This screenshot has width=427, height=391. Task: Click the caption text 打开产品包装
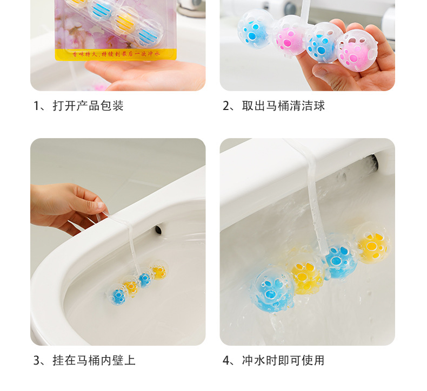click(x=88, y=106)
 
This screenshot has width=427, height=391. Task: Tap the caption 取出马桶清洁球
click(x=283, y=106)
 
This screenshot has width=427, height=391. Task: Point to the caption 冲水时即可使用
click(x=283, y=360)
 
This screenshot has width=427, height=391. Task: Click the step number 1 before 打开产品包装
click(x=37, y=106)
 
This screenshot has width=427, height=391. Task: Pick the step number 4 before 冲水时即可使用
click(x=226, y=360)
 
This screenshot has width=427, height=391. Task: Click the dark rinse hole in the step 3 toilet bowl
click(x=158, y=230)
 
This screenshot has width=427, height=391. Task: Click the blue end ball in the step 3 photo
click(x=119, y=295)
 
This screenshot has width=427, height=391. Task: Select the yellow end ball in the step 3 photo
click(x=158, y=271)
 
